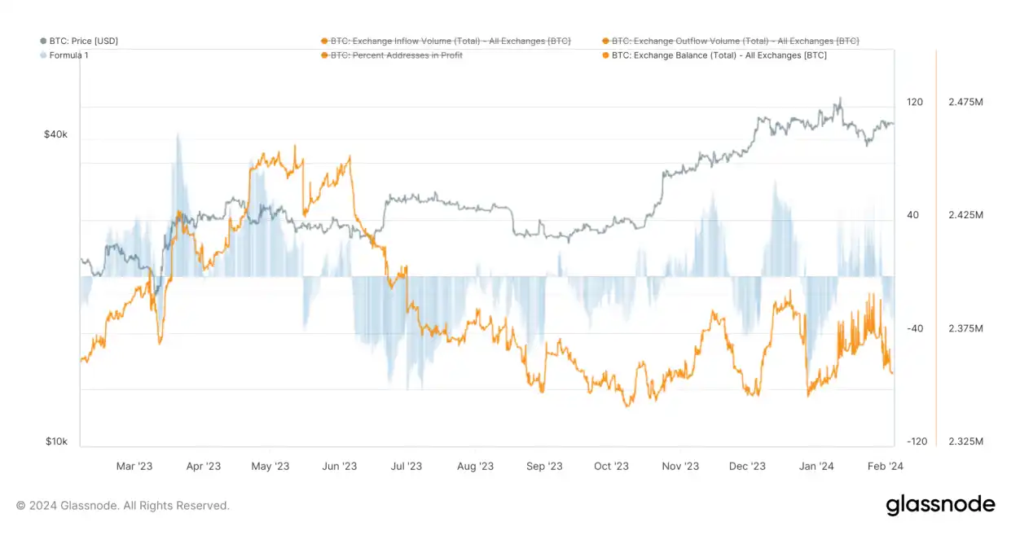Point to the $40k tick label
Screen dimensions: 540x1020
tap(55, 134)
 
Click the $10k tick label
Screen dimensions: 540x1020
tap(55, 441)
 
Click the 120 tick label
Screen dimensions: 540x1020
tap(915, 103)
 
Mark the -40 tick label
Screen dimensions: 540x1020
tap(915, 328)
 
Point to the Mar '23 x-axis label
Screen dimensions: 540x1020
tap(134, 467)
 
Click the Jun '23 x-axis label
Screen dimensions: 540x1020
tap(339, 467)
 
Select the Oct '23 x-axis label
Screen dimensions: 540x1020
tap(611, 467)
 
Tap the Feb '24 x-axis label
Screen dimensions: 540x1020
tap(885, 467)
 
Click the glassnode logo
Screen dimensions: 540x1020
tap(940, 505)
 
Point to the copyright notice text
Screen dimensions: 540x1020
tap(123, 506)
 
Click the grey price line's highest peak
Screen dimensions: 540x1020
tap(838, 99)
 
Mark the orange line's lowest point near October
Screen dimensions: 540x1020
tap(627, 405)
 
